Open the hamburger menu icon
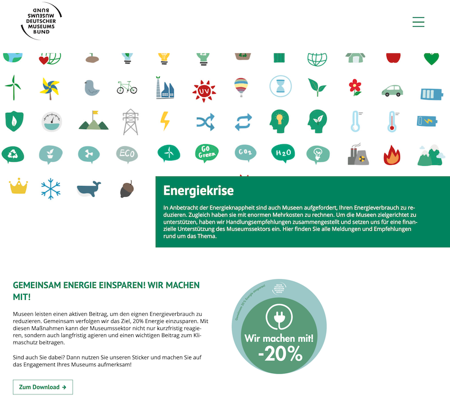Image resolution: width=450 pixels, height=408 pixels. coord(418,22)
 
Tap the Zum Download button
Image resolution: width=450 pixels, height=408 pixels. coord(43,387)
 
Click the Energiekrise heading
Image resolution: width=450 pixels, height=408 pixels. coord(199,190)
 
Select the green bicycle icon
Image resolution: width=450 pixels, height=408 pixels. coord(127,87)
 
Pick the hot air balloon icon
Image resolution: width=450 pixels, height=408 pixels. coord(241,87)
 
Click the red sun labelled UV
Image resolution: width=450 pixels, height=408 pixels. coord(204,90)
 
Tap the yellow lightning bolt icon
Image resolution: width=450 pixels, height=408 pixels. coord(165,121)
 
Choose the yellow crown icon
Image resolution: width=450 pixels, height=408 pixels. coord(18,185)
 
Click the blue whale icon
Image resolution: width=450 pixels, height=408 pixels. coord(88,189)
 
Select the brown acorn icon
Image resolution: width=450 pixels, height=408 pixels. coord(127,189)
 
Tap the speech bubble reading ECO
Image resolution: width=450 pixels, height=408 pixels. coord(127,153)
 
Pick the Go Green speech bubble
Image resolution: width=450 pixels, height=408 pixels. coord(206,153)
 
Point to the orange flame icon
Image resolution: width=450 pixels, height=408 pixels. coord(391,154)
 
